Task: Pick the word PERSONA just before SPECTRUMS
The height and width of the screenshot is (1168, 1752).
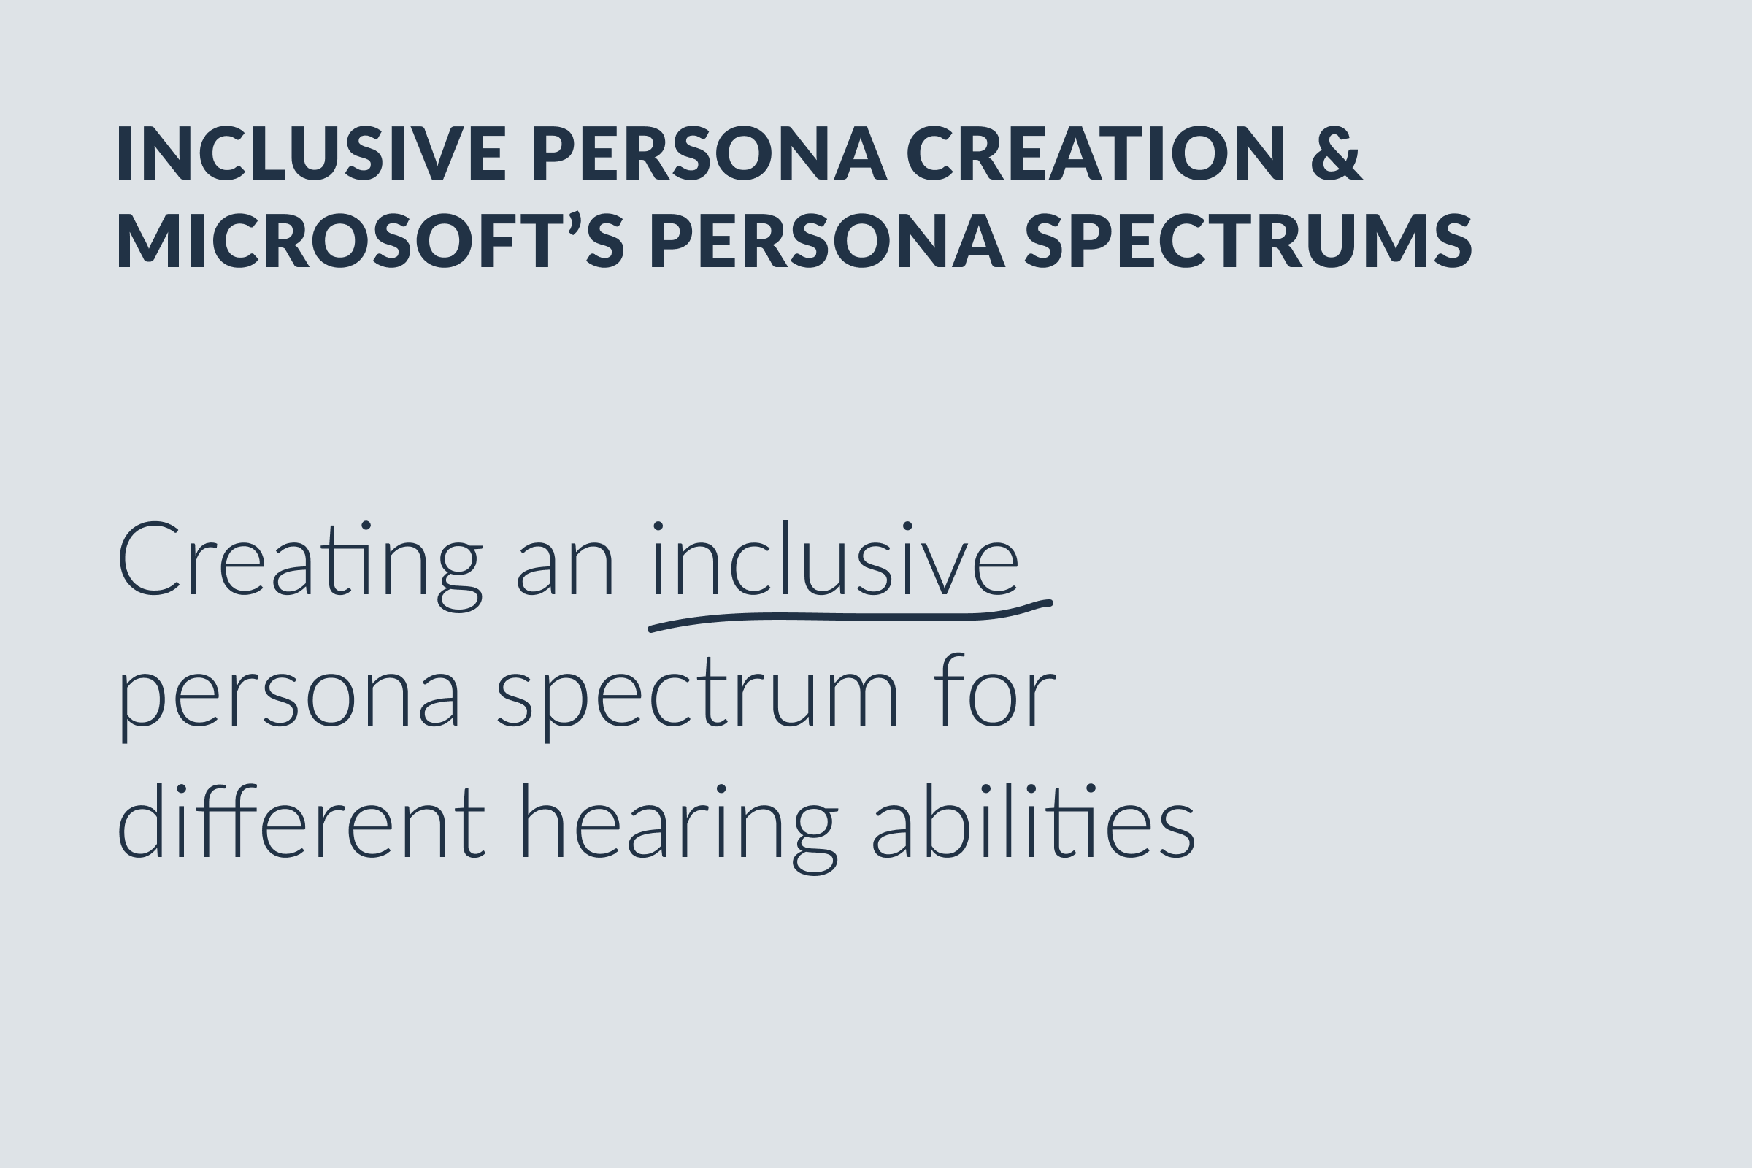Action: [x=827, y=241]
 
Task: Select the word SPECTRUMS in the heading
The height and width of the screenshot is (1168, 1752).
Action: [x=1248, y=241]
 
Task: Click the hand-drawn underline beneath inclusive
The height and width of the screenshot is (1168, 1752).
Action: [x=849, y=616]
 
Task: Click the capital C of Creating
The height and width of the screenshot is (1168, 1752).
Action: [x=149, y=559]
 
